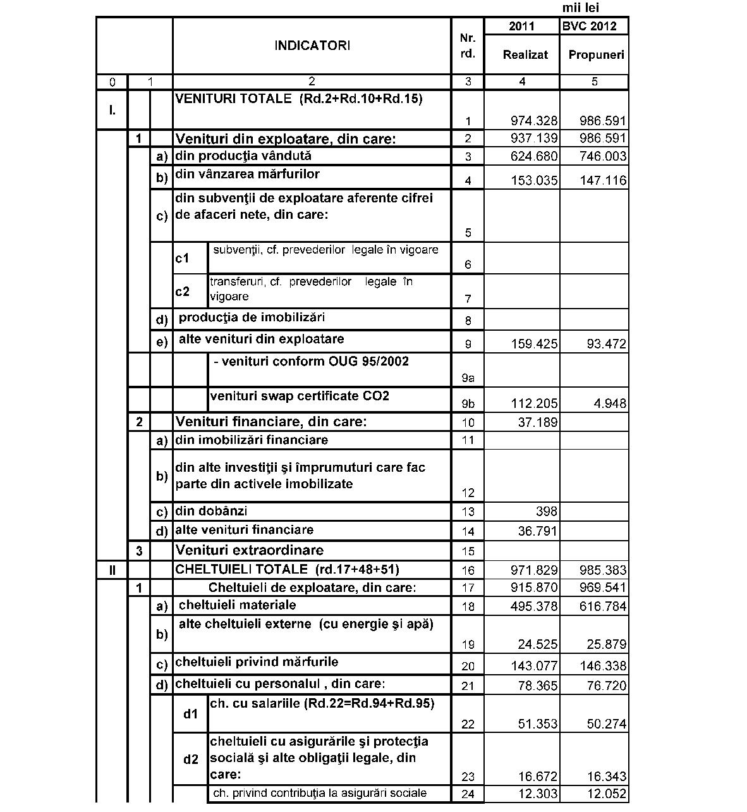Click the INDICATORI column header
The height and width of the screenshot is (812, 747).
(x=312, y=46)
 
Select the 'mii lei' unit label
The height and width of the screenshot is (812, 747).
(x=580, y=8)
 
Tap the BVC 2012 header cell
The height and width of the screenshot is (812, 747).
(x=594, y=26)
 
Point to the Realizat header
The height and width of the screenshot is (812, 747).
(x=525, y=55)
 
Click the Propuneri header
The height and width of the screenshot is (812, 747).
(x=596, y=55)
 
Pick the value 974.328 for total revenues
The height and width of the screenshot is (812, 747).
(x=534, y=121)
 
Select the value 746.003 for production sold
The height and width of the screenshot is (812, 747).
(x=603, y=156)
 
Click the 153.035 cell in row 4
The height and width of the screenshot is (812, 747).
(x=534, y=181)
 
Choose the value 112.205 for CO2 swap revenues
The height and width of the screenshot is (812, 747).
(x=534, y=403)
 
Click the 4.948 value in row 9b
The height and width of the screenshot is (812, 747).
(x=610, y=403)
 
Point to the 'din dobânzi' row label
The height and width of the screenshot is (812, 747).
(x=211, y=511)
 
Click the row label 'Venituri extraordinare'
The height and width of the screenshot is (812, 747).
(x=249, y=550)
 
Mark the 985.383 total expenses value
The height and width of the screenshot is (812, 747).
(x=603, y=570)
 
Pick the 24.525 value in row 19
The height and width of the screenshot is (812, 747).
(x=537, y=644)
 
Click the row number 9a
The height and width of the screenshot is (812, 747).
(x=468, y=378)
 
